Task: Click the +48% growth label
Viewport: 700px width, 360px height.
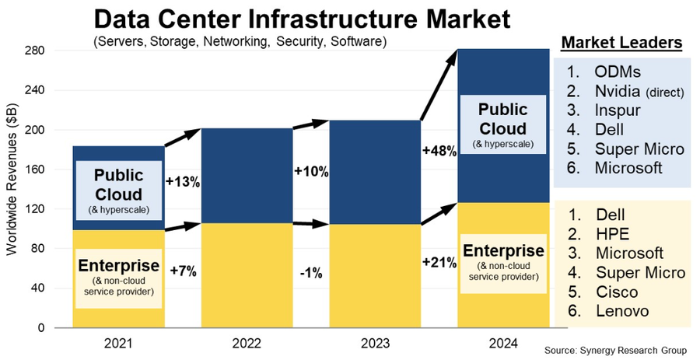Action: coord(439,151)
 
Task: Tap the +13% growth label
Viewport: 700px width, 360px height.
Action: coord(183,182)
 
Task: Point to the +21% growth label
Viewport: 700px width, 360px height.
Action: coord(439,263)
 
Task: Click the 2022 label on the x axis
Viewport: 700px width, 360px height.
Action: coord(247,343)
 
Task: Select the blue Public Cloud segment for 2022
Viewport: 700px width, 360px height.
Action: coord(247,175)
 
